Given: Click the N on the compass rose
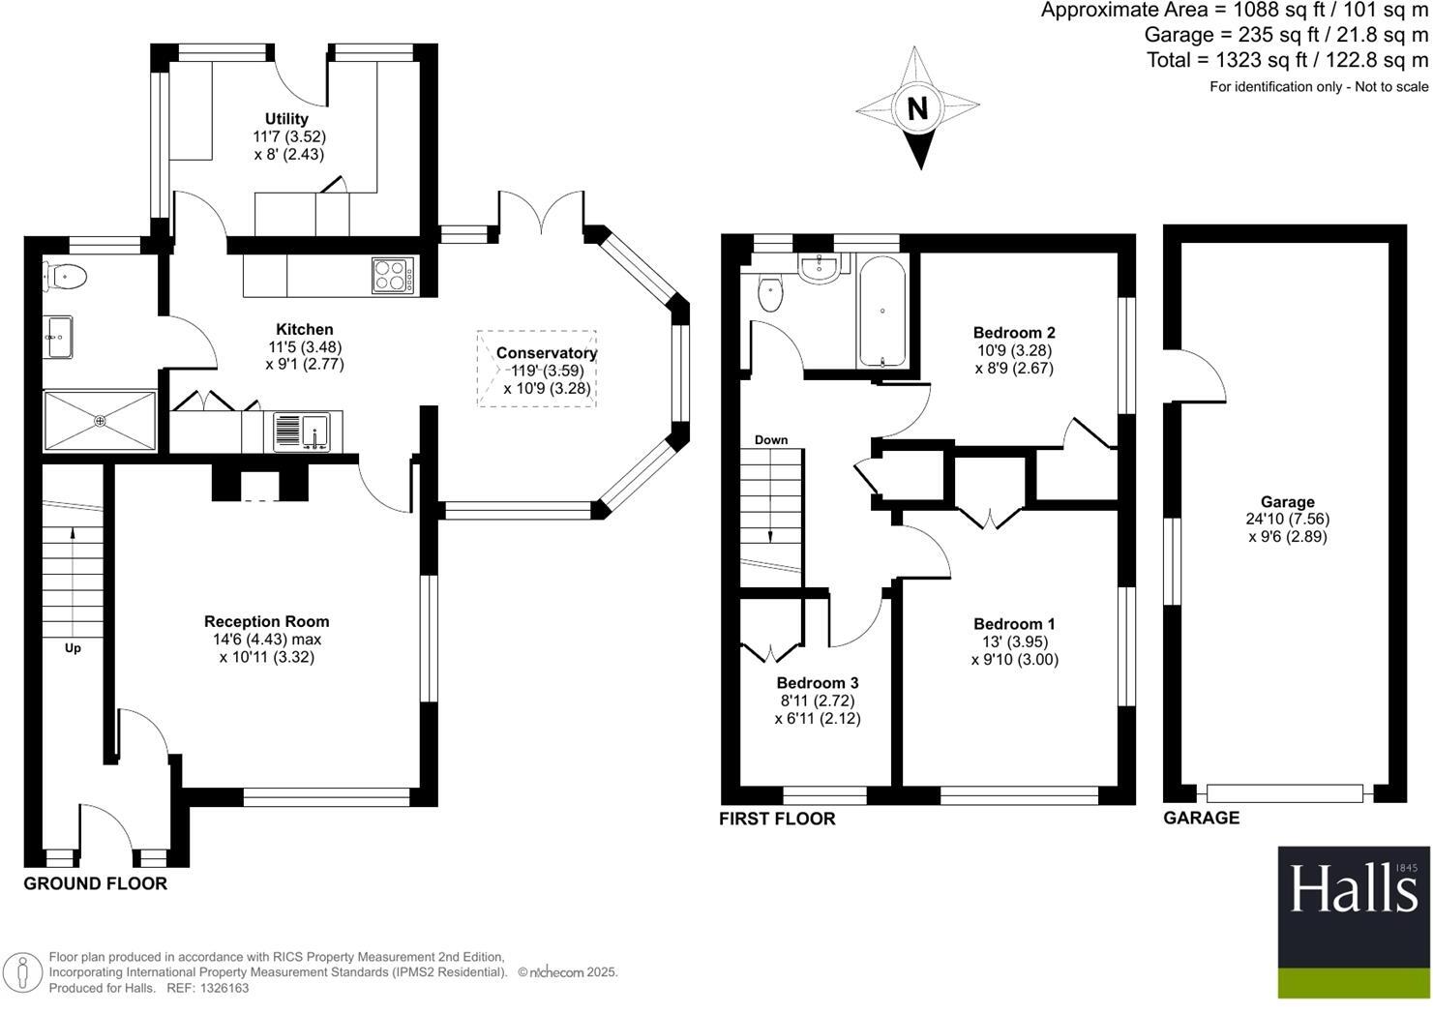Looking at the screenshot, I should [x=917, y=108].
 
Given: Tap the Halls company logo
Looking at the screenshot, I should [x=1353, y=889].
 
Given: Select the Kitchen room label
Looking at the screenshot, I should [x=305, y=330].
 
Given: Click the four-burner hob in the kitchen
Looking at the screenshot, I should [x=394, y=275].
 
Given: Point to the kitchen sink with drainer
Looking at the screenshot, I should [x=302, y=432].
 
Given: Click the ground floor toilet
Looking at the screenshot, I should [x=66, y=277].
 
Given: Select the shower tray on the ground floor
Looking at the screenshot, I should [x=100, y=421].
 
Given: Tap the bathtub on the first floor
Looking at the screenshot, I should [x=881, y=311].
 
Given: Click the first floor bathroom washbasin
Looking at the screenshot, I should [x=821, y=268].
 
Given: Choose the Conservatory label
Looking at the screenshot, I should [x=547, y=353].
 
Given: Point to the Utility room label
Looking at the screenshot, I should [x=286, y=119].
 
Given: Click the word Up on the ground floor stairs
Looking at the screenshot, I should [x=73, y=648].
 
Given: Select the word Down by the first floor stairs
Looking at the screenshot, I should [x=771, y=440].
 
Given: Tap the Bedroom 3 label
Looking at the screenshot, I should [x=817, y=683].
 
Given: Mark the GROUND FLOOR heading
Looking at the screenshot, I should [x=95, y=883].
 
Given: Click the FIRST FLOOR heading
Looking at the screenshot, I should [x=777, y=819].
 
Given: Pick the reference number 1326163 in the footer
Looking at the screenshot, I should [x=222, y=988].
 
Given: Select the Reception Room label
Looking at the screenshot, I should [x=266, y=622].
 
